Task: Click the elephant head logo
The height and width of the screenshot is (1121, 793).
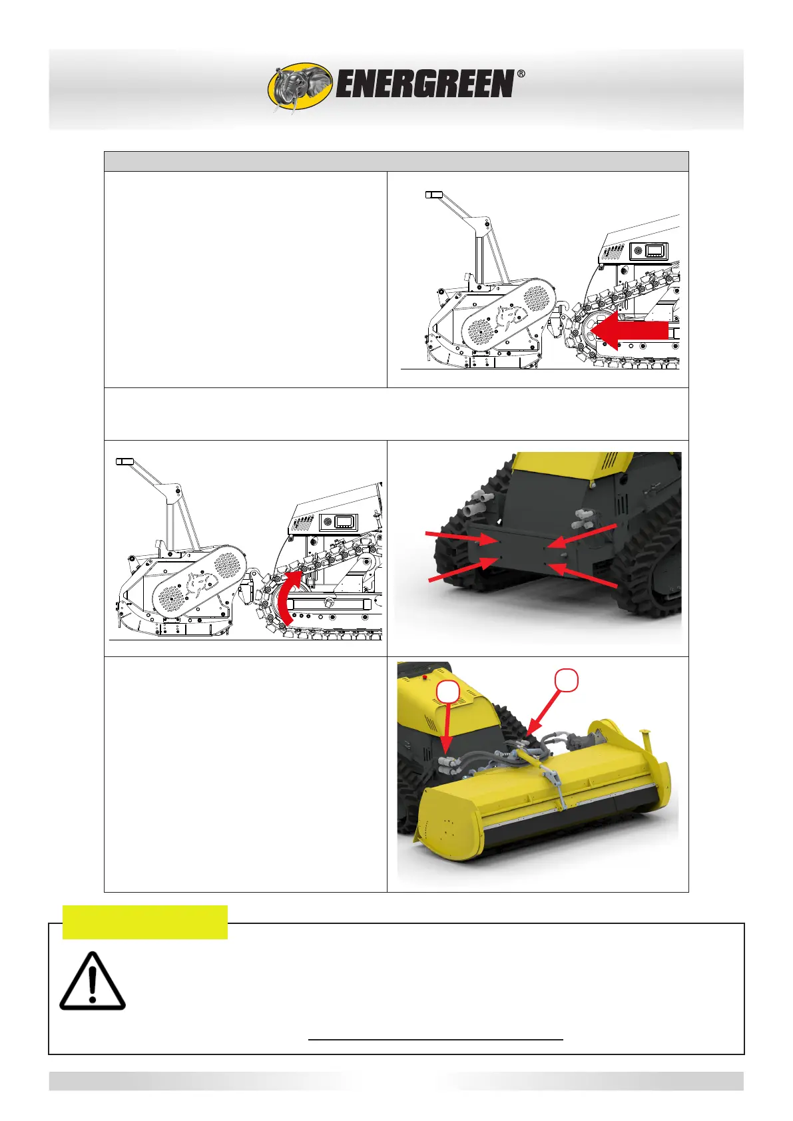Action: point(300,87)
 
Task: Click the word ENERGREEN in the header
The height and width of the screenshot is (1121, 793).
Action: point(425,84)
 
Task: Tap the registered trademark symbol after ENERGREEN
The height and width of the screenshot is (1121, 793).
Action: point(521,74)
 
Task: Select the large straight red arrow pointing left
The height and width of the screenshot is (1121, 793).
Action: point(630,330)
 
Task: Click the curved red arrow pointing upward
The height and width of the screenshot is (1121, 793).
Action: point(288,596)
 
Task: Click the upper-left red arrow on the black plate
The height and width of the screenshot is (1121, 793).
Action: point(461,539)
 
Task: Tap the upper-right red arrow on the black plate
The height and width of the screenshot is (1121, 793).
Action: point(581,536)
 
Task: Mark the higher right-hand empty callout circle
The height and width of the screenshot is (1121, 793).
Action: point(566,680)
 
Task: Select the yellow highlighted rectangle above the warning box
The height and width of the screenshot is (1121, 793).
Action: point(144,922)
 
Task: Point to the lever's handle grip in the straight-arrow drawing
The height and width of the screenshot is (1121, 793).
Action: point(433,194)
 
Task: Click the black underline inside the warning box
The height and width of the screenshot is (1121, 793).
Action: point(435,1039)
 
